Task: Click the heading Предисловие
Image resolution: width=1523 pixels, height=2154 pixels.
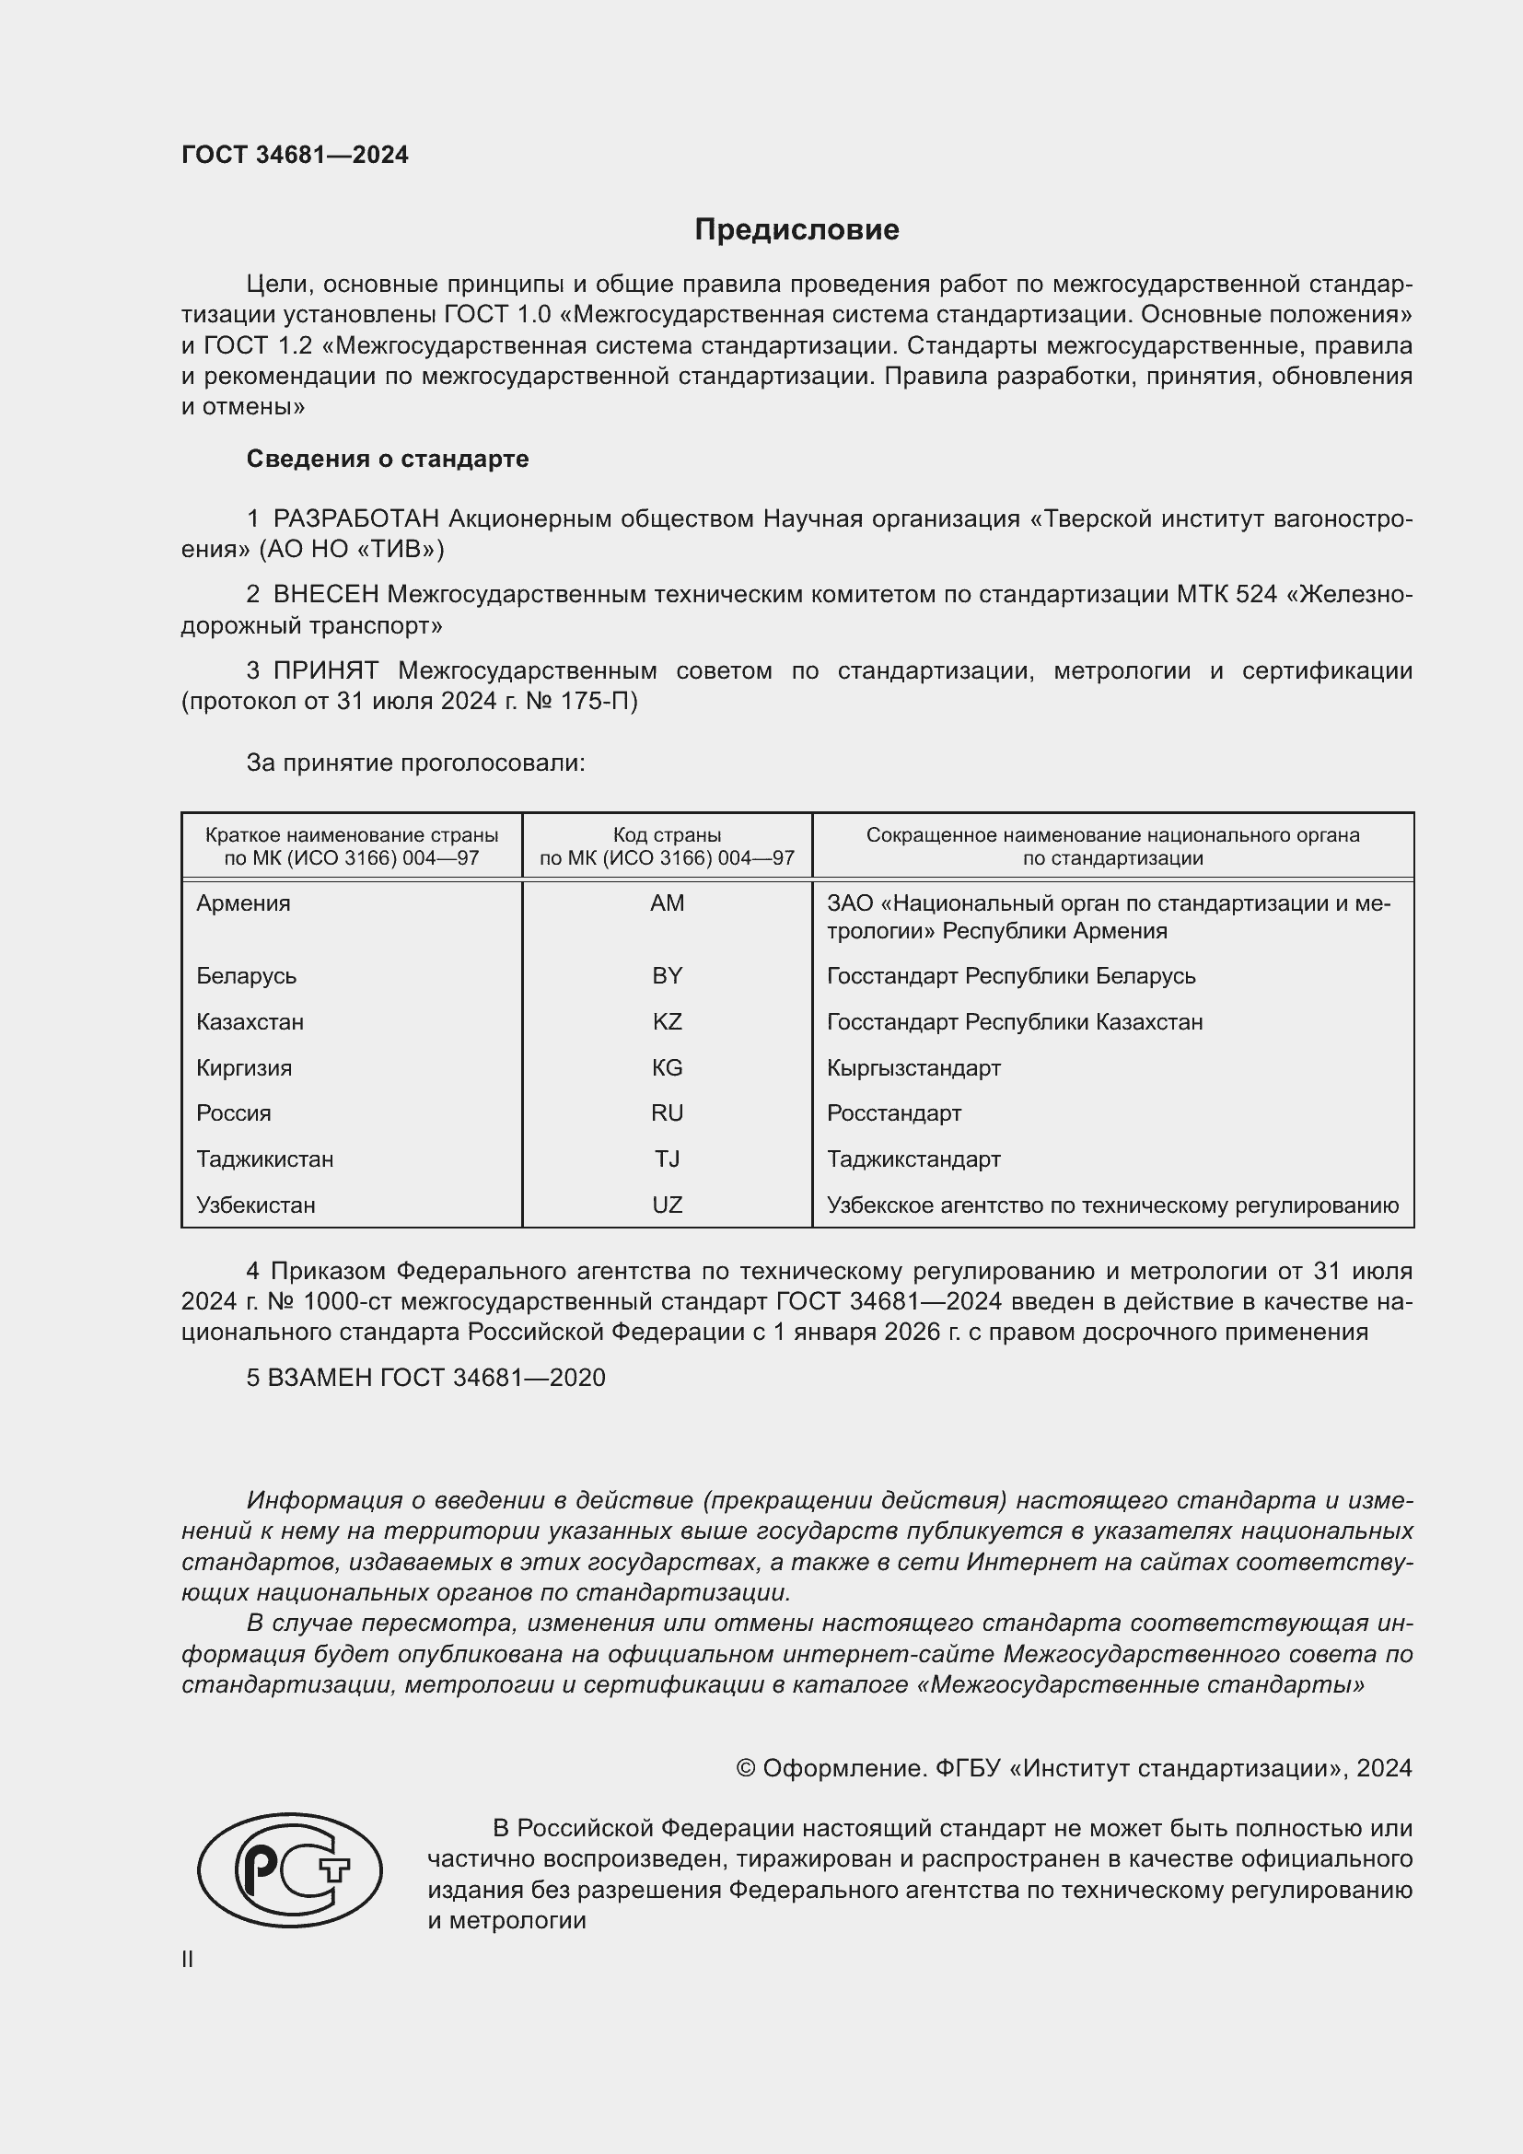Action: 796,230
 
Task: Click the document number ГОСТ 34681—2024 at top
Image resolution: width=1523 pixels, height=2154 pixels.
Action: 295,155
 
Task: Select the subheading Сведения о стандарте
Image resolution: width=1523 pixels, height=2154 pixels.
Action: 388,459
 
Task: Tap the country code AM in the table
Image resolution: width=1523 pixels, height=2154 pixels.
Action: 667,903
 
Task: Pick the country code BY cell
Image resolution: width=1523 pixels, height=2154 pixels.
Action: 667,975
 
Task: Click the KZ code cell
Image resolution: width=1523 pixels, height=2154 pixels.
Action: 667,1021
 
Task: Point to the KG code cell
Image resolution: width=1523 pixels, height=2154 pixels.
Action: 667,1067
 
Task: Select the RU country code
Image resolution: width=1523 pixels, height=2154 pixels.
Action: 667,1113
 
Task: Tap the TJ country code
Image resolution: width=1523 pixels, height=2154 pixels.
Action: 667,1159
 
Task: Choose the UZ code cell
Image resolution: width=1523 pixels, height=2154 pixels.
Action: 667,1205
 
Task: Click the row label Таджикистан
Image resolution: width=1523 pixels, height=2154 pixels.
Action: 264,1159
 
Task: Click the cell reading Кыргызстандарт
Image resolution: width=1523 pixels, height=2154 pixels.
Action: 913,1067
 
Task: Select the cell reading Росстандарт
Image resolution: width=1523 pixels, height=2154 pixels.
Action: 894,1113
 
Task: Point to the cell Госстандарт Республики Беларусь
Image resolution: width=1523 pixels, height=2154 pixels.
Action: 1011,975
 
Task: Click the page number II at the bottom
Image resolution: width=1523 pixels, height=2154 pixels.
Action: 188,1959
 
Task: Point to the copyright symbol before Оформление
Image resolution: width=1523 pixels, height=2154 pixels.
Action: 746,1768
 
